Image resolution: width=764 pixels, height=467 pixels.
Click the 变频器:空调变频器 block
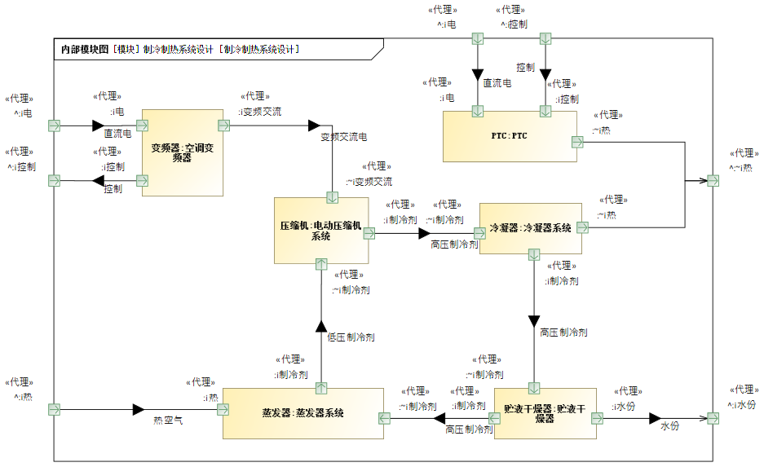[182, 153]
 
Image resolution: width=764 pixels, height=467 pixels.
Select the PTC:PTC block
[510, 136]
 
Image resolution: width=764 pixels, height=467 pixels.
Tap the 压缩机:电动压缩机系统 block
[321, 231]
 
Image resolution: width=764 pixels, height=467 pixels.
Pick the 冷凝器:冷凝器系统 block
[531, 228]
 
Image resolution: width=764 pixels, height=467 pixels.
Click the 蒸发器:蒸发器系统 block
[303, 413]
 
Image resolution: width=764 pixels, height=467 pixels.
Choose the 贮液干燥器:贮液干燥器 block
[545, 413]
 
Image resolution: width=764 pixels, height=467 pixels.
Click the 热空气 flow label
[168, 421]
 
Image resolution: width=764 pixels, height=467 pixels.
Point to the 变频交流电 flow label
[343, 137]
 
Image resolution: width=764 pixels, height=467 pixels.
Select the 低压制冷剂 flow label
[351, 337]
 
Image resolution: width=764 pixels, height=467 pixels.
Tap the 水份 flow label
[670, 425]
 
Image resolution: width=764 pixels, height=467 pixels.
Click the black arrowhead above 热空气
[139, 409]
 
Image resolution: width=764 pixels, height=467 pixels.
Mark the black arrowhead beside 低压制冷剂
[321, 326]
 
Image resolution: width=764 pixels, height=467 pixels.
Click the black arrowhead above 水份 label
[655, 418]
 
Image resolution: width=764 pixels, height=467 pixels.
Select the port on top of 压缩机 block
[333, 198]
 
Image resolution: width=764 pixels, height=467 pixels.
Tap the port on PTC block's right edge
[577, 142]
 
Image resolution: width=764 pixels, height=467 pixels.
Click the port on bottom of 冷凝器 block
[534, 254]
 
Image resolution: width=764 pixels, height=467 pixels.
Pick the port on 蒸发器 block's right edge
[384, 418]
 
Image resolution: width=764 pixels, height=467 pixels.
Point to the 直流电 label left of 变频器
[117, 134]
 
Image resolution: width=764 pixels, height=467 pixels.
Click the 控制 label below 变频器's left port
[113, 189]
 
